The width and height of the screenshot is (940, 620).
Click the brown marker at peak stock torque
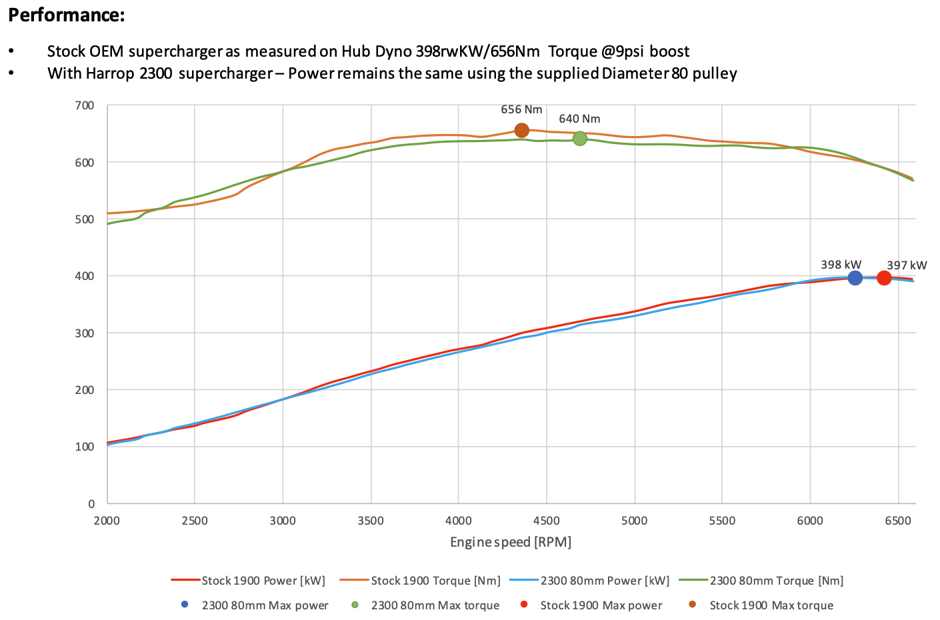tap(522, 131)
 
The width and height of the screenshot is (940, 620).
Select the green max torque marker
tap(580, 139)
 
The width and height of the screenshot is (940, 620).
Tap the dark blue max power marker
tap(855, 278)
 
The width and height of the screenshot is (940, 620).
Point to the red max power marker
tap(884, 278)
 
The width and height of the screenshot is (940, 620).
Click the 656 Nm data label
tap(521, 110)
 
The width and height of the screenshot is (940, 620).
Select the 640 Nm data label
tap(579, 119)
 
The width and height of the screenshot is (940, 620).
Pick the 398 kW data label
tap(841, 265)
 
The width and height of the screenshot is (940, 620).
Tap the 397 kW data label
tap(907, 265)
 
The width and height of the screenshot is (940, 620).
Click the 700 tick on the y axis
tap(86, 105)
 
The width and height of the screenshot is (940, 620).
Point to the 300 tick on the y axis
tap(86, 333)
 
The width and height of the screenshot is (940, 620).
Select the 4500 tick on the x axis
tap(547, 521)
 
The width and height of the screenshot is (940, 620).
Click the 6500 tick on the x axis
tap(898, 521)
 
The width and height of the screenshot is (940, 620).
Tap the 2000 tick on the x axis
tap(107, 521)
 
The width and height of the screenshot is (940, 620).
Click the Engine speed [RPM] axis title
tap(511, 542)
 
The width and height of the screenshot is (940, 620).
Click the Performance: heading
tap(67, 15)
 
